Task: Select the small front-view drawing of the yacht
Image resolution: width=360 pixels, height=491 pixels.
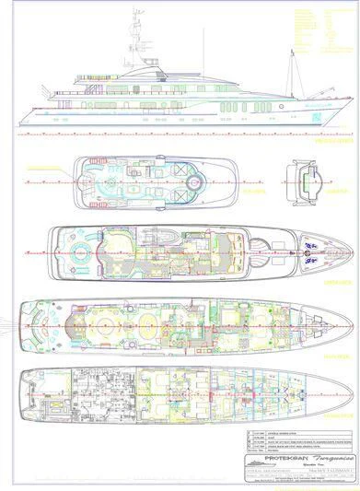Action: (x=304, y=170)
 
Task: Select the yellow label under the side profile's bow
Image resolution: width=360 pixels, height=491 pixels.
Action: (x=325, y=142)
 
